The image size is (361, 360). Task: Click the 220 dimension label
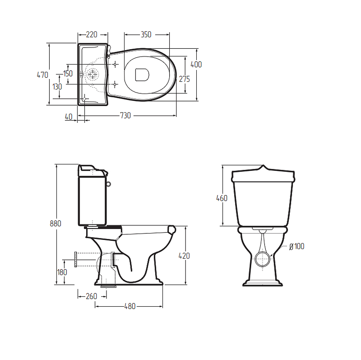click(x=92, y=35)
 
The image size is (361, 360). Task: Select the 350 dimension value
click(x=146, y=35)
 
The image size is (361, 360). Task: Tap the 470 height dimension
click(x=42, y=75)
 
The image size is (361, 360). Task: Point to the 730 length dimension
click(x=125, y=116)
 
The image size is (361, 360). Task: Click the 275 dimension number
click(x=185, y=79)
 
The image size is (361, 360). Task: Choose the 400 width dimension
click(x=196, y=65)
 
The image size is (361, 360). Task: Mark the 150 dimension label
click(x=68, y=74)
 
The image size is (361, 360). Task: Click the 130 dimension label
click(x=57, y=87)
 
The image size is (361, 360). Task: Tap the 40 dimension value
click(x=69, y=117)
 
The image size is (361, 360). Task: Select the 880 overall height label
click(x=56, y=224)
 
